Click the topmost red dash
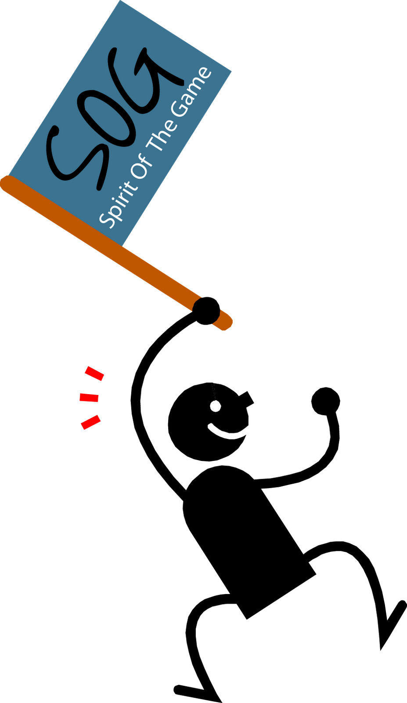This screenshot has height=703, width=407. click(x=95, y=373)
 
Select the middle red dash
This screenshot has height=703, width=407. click(x=89, y=398)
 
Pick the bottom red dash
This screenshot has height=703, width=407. click(x=91, y=422)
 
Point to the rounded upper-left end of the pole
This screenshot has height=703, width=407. click(x=7, y=182)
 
